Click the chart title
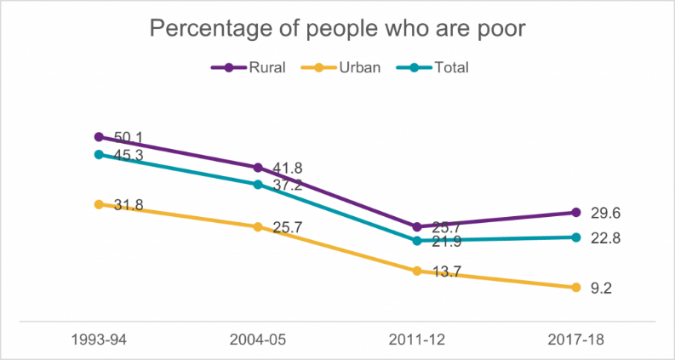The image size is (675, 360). pos(338,29)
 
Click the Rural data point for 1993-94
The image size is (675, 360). pos(99,137)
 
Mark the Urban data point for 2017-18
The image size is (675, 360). pos(576,288)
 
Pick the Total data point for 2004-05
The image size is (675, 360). pos(258,184)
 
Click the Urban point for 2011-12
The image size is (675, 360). pos(417,271)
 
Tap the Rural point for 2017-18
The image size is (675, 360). pos(576,213)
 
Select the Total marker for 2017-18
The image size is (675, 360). pos(576,237)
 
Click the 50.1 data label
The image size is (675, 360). pos(128,137)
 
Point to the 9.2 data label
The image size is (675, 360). pos(601,289)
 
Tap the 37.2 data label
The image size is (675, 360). pos(287,185)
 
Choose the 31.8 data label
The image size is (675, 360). pos(128,205)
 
